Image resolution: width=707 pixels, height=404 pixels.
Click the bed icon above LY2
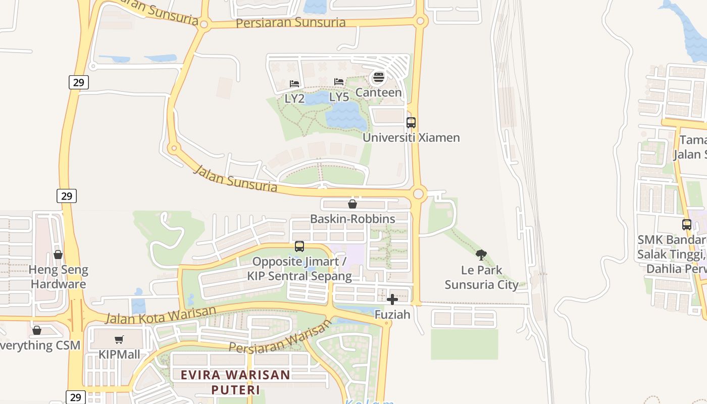(x=294, y=83)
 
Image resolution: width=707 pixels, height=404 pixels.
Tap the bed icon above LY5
(x=339, y=82)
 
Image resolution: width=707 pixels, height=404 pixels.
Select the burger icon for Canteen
(x=378, y=78)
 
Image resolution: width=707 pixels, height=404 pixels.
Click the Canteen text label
(x=378, y=92)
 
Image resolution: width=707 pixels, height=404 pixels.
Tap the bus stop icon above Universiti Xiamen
(x=411, y=122)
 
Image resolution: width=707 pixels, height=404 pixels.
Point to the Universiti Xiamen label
(x=411, y=137)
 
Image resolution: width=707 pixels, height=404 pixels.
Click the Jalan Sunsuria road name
(x=236, y=178)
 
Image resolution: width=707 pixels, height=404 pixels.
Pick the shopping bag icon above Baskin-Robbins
(x=352, y=204)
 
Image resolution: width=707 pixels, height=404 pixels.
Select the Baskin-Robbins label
(x=352, y=219)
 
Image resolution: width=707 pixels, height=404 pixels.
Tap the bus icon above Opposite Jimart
(x=299, y=246)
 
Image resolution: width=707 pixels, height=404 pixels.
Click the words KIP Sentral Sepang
(x=299, y=276)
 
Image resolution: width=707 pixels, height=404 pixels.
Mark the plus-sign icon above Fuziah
(x=392, y=299)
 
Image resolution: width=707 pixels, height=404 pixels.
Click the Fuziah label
(x=392, y=314)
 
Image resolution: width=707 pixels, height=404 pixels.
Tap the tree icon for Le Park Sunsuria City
(x=481, y=255)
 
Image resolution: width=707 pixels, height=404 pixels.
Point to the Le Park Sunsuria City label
(x=481, y=277)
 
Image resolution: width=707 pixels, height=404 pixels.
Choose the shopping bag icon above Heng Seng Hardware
(x=58, y=255)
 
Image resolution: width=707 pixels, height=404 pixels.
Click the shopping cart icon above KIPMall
(x=119, y=340)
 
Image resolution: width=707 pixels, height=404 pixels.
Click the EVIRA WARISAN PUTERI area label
(x=235, y=382)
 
